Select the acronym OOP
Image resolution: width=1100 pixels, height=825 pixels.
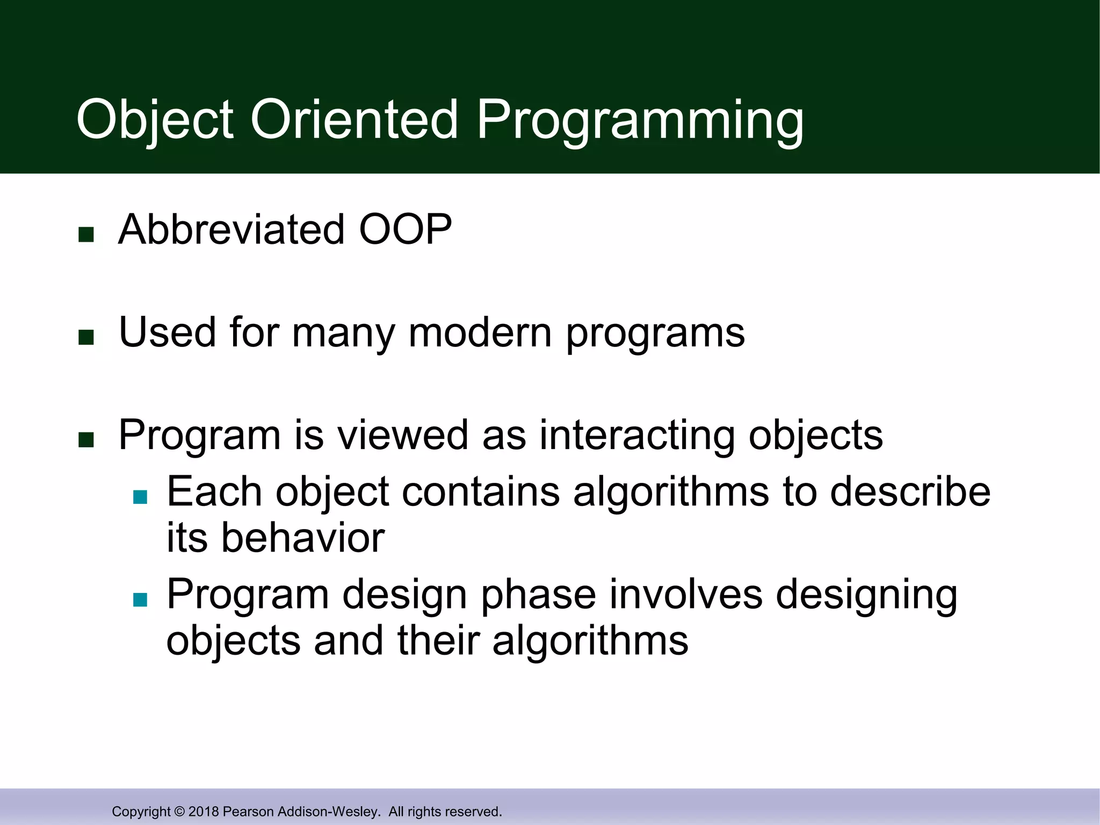point(405,230)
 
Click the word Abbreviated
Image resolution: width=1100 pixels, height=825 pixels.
point(231,230)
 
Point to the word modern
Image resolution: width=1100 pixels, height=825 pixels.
point(480,332)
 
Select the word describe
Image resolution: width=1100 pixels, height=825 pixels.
point(910,492)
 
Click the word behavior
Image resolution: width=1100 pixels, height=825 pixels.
point(303,538)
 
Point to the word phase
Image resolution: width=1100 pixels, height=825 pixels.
point(538,595)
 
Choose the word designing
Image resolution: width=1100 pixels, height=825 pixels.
point(866,595)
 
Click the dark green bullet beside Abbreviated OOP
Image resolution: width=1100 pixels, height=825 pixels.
point(86,235)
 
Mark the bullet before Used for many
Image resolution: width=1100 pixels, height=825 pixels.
point(86,337)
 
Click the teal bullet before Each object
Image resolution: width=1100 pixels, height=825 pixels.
point(140,497)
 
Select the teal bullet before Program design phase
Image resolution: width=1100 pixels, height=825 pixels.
point(140,599)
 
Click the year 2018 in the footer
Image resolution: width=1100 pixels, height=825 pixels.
point(204,812)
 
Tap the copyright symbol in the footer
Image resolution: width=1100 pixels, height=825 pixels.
point(179,812)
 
